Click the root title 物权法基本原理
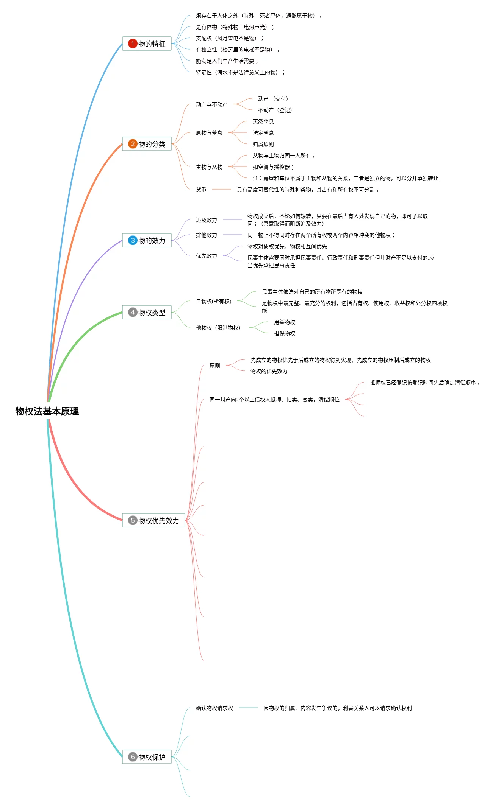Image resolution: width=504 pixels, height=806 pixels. pyautogui.click(x=47, y=411)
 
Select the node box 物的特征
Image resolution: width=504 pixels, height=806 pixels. pyautogui.click(x=147, y=44)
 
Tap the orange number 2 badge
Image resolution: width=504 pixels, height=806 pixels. pyautogui.click(x=133, y=144)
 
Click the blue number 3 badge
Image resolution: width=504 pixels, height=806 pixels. pyautogui.click(x=133, y=240)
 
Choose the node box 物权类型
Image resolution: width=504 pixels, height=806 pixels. pyautogui.click(x=147, y=312)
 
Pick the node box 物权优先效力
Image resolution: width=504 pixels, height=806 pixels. pyautogui.click(x=153, y=520)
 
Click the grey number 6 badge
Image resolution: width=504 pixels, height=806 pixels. pyautogui.click(x=133, y=757)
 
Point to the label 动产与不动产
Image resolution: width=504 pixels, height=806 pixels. pyautogui.click(x=211, y=104)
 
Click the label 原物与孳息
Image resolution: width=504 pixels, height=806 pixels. pyautogui.click(x=209, y=133)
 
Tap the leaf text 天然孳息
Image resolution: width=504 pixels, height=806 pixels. pyautogui.click(x=263, y=121)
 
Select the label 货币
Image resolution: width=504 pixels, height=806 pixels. pyautogui.click(x=201, y=190)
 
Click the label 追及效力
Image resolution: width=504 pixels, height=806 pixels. pyautogui.click(x=206, y=220)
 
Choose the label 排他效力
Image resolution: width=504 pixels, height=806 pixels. pyautogui.click(x=206, y=235)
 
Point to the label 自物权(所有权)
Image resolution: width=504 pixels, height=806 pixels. pyautogui.click(x=213, y=301)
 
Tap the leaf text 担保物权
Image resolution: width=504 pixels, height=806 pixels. pyautogui.click(x=284, y=333)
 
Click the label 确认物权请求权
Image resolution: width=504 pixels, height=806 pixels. pyautogui.click(x=214, y=708)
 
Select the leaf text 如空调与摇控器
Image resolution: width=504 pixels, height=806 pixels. pyautogui.click(x=273, y=167)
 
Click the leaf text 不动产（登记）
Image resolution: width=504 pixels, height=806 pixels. pyautogui.click(x=275, y=110)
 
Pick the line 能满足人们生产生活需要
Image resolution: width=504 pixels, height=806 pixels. pyautogui.click(x=227, y=61)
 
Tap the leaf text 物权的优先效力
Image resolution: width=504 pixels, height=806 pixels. pyautogui.click(x=269, y=371)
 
